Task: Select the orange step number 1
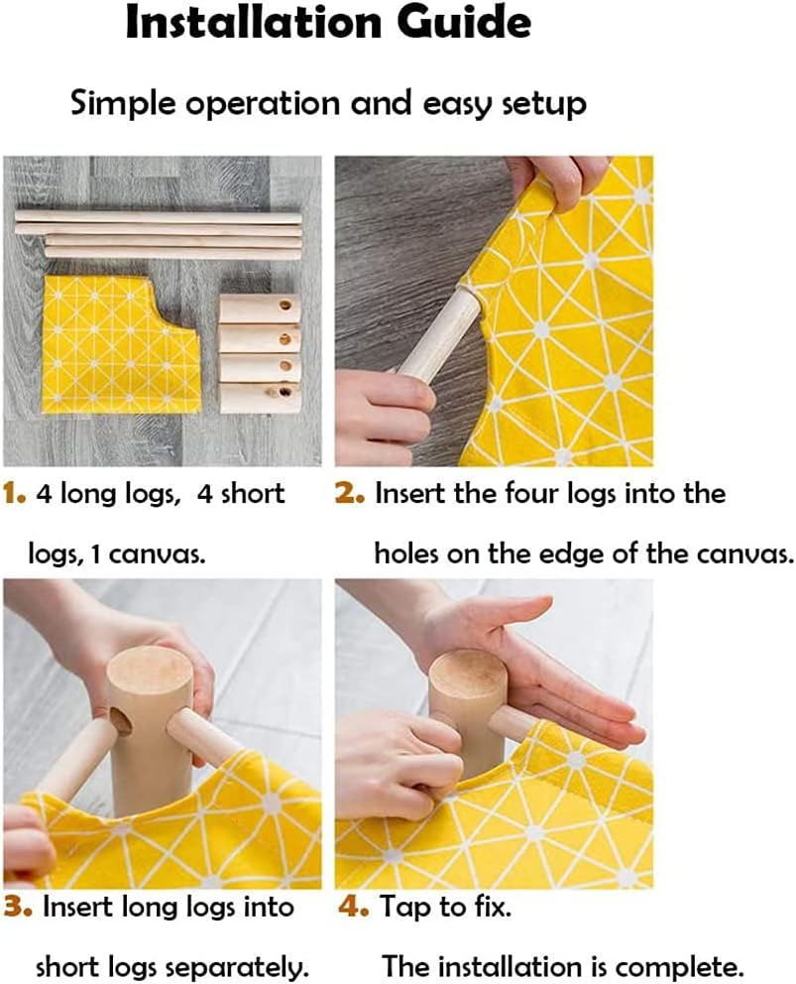tap(14, 494)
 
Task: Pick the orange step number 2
tap(349, 494)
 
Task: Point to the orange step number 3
tap(18, 908)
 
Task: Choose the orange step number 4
tap(353, 908)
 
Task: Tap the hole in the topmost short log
tap(285, 307)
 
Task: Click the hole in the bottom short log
tap(284, 393)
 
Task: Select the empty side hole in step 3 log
tap(120, 722)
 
